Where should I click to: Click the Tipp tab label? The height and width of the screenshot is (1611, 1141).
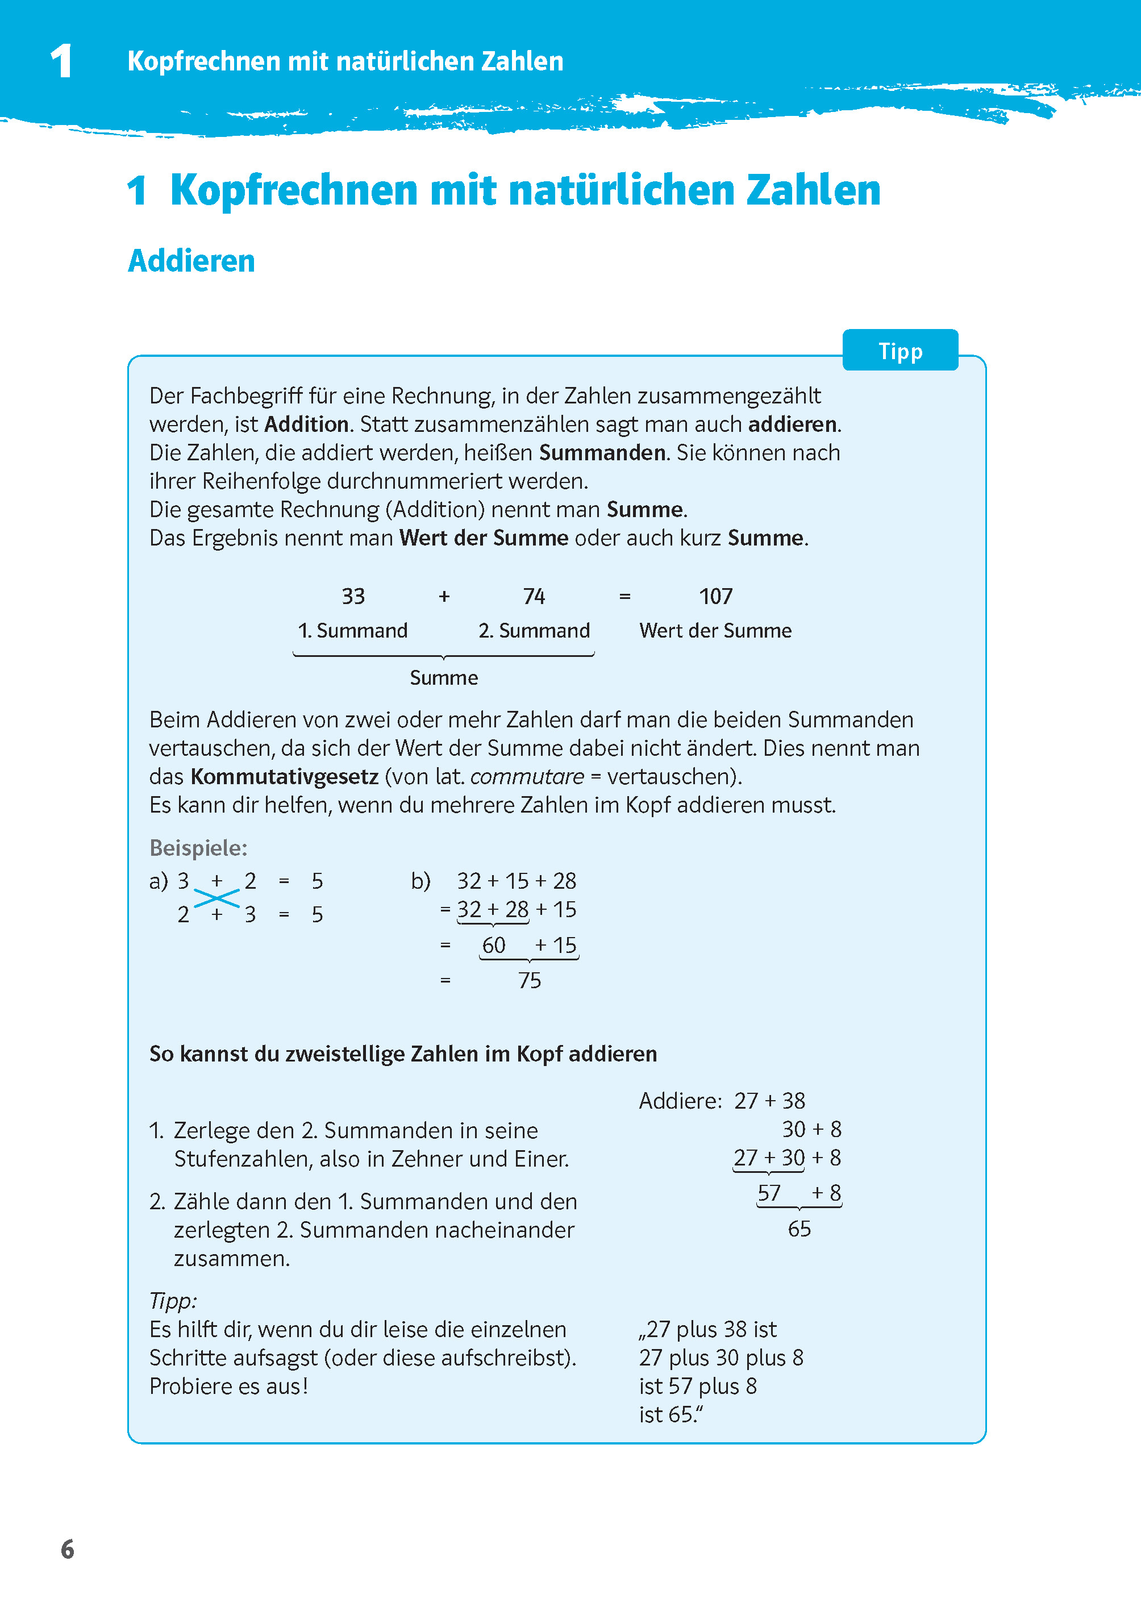point(900,351)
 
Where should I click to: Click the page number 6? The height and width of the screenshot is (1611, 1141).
point(68,1549)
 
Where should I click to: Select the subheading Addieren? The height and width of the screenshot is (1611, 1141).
point(191,261)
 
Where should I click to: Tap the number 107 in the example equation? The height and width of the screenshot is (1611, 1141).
point(715,597)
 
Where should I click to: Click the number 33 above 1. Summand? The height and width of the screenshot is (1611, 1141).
point(353,597)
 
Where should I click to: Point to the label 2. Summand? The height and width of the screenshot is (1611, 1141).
point(534,630)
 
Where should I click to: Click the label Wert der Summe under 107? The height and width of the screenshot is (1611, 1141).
point(715,630)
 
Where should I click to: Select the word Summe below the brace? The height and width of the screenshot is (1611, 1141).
point(443,677)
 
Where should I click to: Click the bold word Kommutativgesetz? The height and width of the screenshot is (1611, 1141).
point(285,776)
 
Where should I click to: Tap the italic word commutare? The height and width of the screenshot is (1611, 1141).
point(527,776)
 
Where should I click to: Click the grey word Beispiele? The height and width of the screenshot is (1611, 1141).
point(198,848)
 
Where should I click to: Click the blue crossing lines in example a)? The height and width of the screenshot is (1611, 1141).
point(216,898)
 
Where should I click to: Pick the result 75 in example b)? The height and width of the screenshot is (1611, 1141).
point(529,980)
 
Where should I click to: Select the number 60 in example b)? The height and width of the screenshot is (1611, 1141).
point(493,945)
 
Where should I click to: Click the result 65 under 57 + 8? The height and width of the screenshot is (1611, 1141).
point(799,1229)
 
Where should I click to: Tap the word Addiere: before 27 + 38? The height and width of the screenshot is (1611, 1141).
point(680,1101)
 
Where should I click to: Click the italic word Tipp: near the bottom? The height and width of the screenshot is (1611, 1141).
point(173,1301)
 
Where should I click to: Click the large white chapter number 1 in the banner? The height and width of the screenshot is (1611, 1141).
point(62,61)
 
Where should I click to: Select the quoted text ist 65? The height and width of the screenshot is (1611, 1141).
point(669,1414)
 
